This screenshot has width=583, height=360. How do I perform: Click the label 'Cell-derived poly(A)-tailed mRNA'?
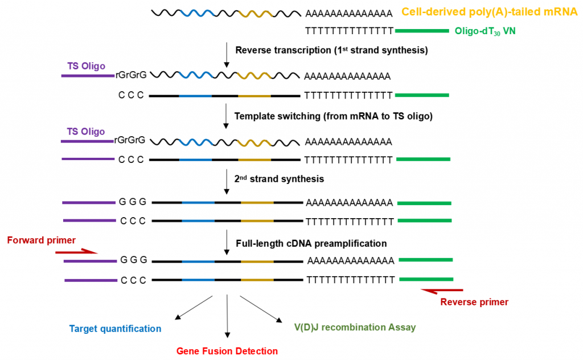click(x=489, y=12)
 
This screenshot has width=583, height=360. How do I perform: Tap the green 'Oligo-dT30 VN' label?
click(x=485, y=31)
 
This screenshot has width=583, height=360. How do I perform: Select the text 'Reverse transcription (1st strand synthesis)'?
click(x=332, y=50)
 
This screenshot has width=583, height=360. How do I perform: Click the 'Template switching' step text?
click(x=277, y=116)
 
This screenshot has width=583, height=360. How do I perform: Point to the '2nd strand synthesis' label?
click(x=279, y=179)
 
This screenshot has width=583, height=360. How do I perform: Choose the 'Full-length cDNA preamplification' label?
click(x=311, y=244)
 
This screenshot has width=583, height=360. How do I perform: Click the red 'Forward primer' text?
click(x=41, y=240)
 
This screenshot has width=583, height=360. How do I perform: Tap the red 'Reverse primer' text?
click(x=474, y=302)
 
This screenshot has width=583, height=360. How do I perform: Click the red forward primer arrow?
click(x=76, y=252)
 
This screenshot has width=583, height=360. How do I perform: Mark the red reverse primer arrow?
click(x=442, y=291)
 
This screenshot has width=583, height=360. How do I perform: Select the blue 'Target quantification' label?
click(x=115, y=329)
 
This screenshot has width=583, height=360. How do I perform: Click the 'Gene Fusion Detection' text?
click(x=227, y=351)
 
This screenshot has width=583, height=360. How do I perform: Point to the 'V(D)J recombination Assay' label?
click(x=355, y=328)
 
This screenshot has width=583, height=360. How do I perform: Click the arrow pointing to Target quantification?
click(x=194, y=308)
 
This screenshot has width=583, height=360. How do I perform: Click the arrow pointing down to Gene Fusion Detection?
click(x=227, y=316)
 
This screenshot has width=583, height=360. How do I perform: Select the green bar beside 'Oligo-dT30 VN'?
click(x=422, y=31)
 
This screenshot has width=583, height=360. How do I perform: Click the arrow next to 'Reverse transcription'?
click(x=227, y=55)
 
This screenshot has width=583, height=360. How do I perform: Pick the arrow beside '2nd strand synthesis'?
click(x=227, y=182)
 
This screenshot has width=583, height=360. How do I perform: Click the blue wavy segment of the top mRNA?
click(x=196, y=13)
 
